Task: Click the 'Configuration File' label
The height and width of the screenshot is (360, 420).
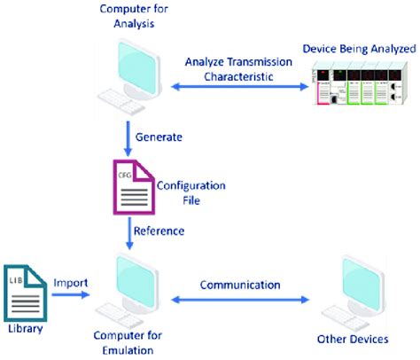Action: (191, 192)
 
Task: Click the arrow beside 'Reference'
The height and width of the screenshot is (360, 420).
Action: (129, 232)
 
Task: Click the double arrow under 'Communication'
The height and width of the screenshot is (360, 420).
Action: (239, 301)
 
